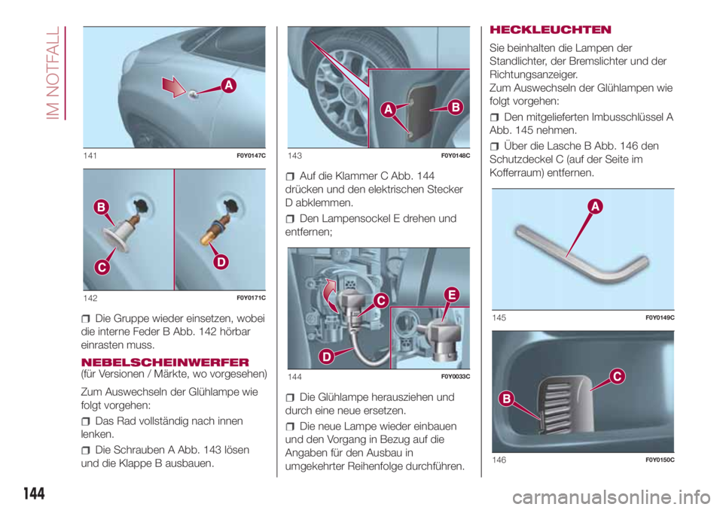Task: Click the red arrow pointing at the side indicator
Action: point(182,87)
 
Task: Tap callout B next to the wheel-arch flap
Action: point(456,107)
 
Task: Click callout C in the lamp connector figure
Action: point(380,302)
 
